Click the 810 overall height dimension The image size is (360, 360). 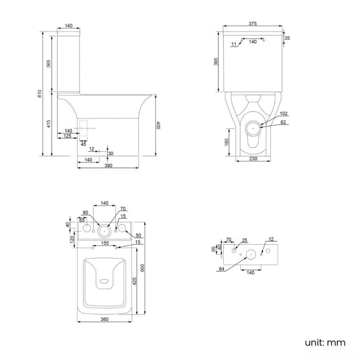39,94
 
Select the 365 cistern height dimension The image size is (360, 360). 49,64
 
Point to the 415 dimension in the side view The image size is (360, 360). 49,125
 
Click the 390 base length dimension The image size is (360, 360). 108,166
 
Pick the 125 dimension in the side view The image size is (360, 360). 67,136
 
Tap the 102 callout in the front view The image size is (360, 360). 284,115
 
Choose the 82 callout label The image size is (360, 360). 284,122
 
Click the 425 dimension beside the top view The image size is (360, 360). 135,282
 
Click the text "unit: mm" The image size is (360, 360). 325,342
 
